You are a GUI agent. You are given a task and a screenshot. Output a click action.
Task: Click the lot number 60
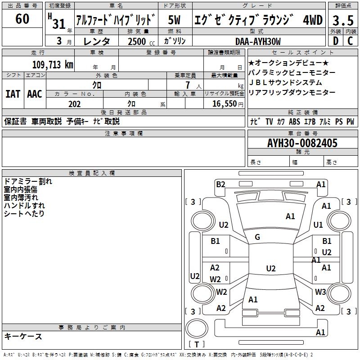click(x=22, y=18)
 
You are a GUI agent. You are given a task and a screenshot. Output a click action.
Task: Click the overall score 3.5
click(x=343, y=20)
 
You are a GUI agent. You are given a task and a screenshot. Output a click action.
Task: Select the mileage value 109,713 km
click(x=53, y=64)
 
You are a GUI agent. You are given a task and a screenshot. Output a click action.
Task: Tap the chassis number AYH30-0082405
click(x=302, y=143)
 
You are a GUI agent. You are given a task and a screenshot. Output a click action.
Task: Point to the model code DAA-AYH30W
click(x=258, y=41)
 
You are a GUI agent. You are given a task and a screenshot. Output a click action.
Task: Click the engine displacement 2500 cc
click(x=141, y=41)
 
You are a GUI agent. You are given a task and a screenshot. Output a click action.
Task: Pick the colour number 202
click(x=74, y=104)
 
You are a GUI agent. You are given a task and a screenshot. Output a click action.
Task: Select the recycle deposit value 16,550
click(x=224, y=104)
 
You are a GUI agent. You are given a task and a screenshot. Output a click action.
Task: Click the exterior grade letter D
click(x=336, y=41)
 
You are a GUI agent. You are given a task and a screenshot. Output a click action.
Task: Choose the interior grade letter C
click(x=350, y=41)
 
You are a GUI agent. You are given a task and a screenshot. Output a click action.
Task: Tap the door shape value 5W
click(x=174, y=20)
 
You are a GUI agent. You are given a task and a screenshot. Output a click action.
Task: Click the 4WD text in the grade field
click(x=313, y=20)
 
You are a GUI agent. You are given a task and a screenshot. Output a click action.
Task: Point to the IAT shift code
click(x=13, y=94)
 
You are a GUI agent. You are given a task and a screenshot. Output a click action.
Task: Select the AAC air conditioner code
click(x=35, y=94)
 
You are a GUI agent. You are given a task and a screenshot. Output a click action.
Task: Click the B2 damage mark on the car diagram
click(x=220, y=184)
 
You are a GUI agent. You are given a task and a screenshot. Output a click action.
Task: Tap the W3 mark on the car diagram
click(x=320, y=292)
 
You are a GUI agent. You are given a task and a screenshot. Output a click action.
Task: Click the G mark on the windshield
click(x=257, y=237)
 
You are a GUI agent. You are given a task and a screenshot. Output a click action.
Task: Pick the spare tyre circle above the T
click(x=197, y=328)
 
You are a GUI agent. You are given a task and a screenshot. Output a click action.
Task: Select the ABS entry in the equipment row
click(x=294, y=121)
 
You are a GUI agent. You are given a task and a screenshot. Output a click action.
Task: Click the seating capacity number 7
click(x=188, y=85)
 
